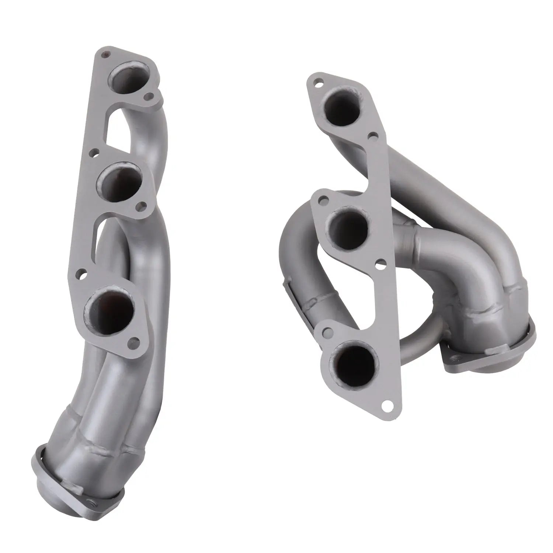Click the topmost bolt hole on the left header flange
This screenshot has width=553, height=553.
107,54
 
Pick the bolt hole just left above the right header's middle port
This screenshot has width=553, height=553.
322,199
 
